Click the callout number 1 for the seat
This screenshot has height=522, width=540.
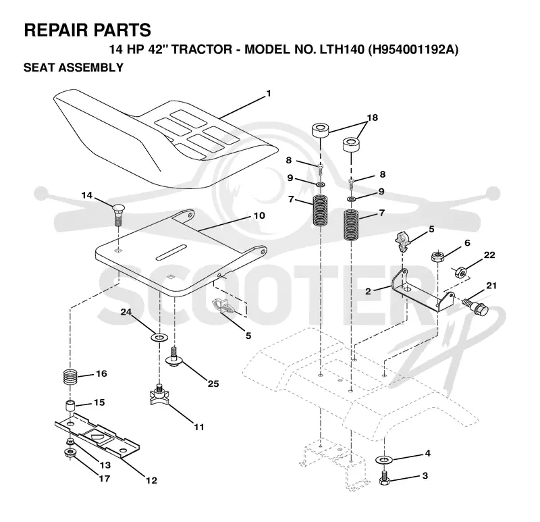269,93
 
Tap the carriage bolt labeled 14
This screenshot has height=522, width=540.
117,215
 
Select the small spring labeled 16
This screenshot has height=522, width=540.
70,377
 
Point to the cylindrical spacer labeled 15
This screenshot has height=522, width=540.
70,406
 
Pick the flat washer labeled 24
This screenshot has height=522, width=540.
159,336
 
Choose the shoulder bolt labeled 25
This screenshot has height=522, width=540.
174,357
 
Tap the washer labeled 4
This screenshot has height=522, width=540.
384,459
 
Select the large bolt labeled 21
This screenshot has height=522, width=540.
476,307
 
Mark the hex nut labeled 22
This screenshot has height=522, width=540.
460,272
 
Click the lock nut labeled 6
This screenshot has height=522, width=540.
437,257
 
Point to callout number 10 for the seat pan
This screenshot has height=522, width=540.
259,215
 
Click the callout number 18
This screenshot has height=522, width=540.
373,118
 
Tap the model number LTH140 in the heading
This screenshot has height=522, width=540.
342,49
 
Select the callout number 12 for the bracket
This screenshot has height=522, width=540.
151,480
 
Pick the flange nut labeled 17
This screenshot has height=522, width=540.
70,453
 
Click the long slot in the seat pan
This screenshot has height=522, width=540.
171,253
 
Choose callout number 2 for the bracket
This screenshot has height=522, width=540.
368,291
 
